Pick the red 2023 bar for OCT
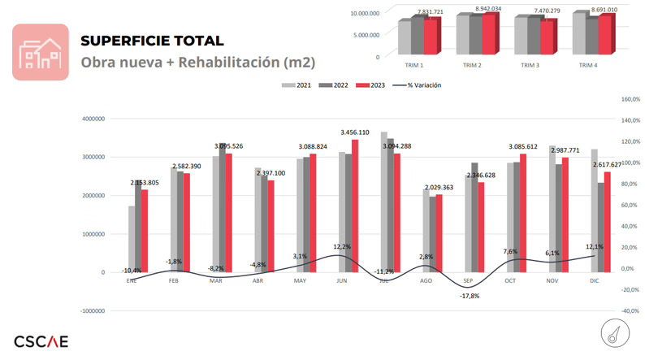(522, 213)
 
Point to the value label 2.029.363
(444, 188)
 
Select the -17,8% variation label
(469, 296)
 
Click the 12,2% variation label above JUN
(342, 246)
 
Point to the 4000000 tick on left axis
(93, 119)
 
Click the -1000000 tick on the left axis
(92, 310)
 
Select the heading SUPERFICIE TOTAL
(152, 41)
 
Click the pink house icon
(40, 52)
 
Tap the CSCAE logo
(41, 340)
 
